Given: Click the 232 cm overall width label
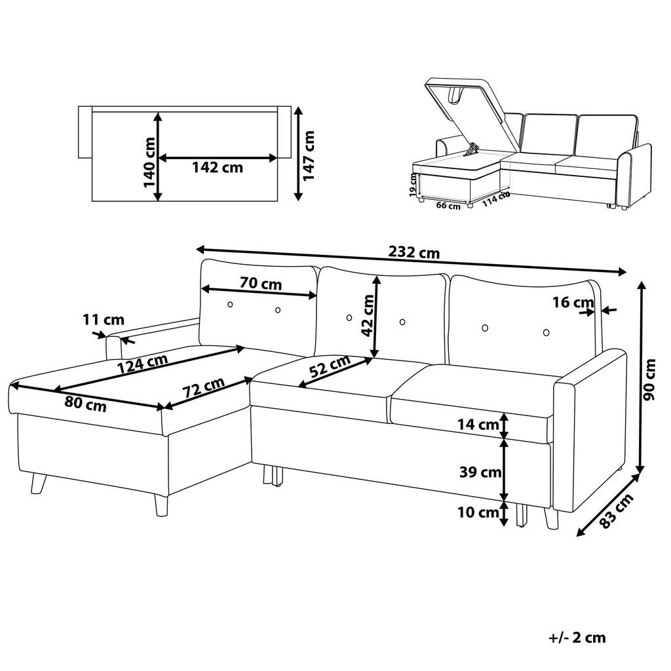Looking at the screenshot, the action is click(414, 252).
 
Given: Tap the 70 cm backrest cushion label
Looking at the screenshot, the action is click(261, 283).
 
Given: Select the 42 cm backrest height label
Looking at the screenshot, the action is click(367, 316).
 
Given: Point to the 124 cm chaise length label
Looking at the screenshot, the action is click(142, 363).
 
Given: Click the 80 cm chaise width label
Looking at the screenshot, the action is click(86, 404).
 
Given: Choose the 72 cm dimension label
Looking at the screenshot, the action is click(204, 387).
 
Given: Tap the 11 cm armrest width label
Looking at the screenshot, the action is click(103, 319).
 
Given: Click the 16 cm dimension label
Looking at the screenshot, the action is click(573, 303).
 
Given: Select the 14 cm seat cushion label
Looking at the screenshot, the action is click(478, 425).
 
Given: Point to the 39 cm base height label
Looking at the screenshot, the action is click(480, 472).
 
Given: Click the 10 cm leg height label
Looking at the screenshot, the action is click(478, 512).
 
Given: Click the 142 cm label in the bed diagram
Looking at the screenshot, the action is click(218, 167).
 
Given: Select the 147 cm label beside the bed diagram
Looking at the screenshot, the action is click(309, 156).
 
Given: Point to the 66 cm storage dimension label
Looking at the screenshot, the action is click(448, 205).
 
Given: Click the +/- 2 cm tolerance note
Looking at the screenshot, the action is click(577, 637).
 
